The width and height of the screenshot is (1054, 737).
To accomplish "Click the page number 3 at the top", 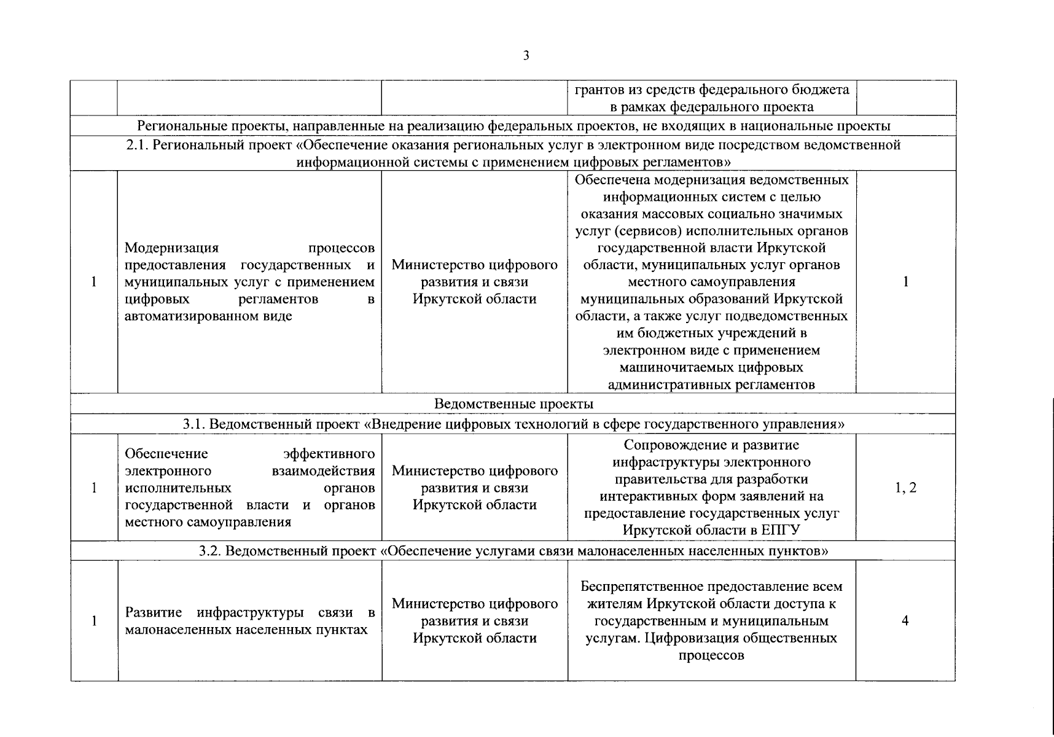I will (x=526, y=56).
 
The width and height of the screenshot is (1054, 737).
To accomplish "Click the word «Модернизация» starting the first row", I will (x=171, y=248).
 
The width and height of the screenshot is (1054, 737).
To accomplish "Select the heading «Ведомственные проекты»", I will (x=513, y=404).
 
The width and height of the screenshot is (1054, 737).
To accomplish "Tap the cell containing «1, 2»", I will (x=905, y=488).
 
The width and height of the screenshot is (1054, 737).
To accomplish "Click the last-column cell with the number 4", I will (x=905, y=621).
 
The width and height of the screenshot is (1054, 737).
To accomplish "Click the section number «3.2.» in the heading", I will (x=213, y=551).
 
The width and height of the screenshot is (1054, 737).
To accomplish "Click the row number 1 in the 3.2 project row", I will (x=94, y=621).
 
